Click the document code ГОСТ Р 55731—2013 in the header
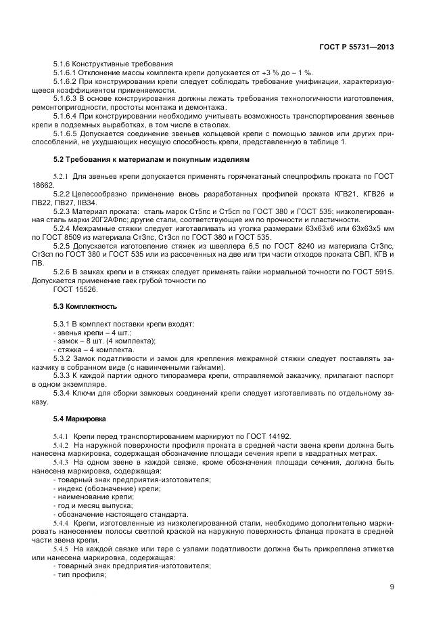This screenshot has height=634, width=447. click(356, 47)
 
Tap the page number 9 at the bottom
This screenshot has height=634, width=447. click(392, 587)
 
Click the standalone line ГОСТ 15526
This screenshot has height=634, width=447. click(75, 289)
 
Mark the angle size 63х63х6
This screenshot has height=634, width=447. click(317, 230)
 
